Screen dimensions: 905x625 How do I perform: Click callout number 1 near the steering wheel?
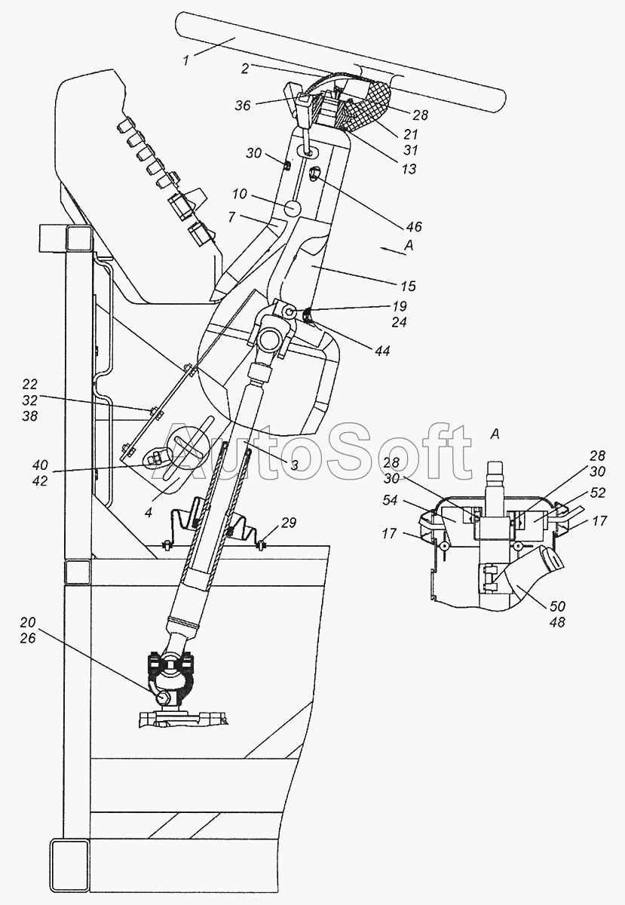click(186, 60)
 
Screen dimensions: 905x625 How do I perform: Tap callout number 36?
click(242, 106)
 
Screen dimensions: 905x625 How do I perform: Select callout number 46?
click(413, 226)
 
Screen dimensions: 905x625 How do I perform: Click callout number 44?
click(383, 351)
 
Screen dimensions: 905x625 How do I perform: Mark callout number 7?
click(233, 217)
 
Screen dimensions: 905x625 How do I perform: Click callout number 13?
click(409, 170)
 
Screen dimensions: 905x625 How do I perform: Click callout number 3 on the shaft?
click(295, 465)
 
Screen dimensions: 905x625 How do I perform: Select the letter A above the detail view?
click(495, 434)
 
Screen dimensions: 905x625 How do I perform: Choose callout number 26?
click(28, 639)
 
